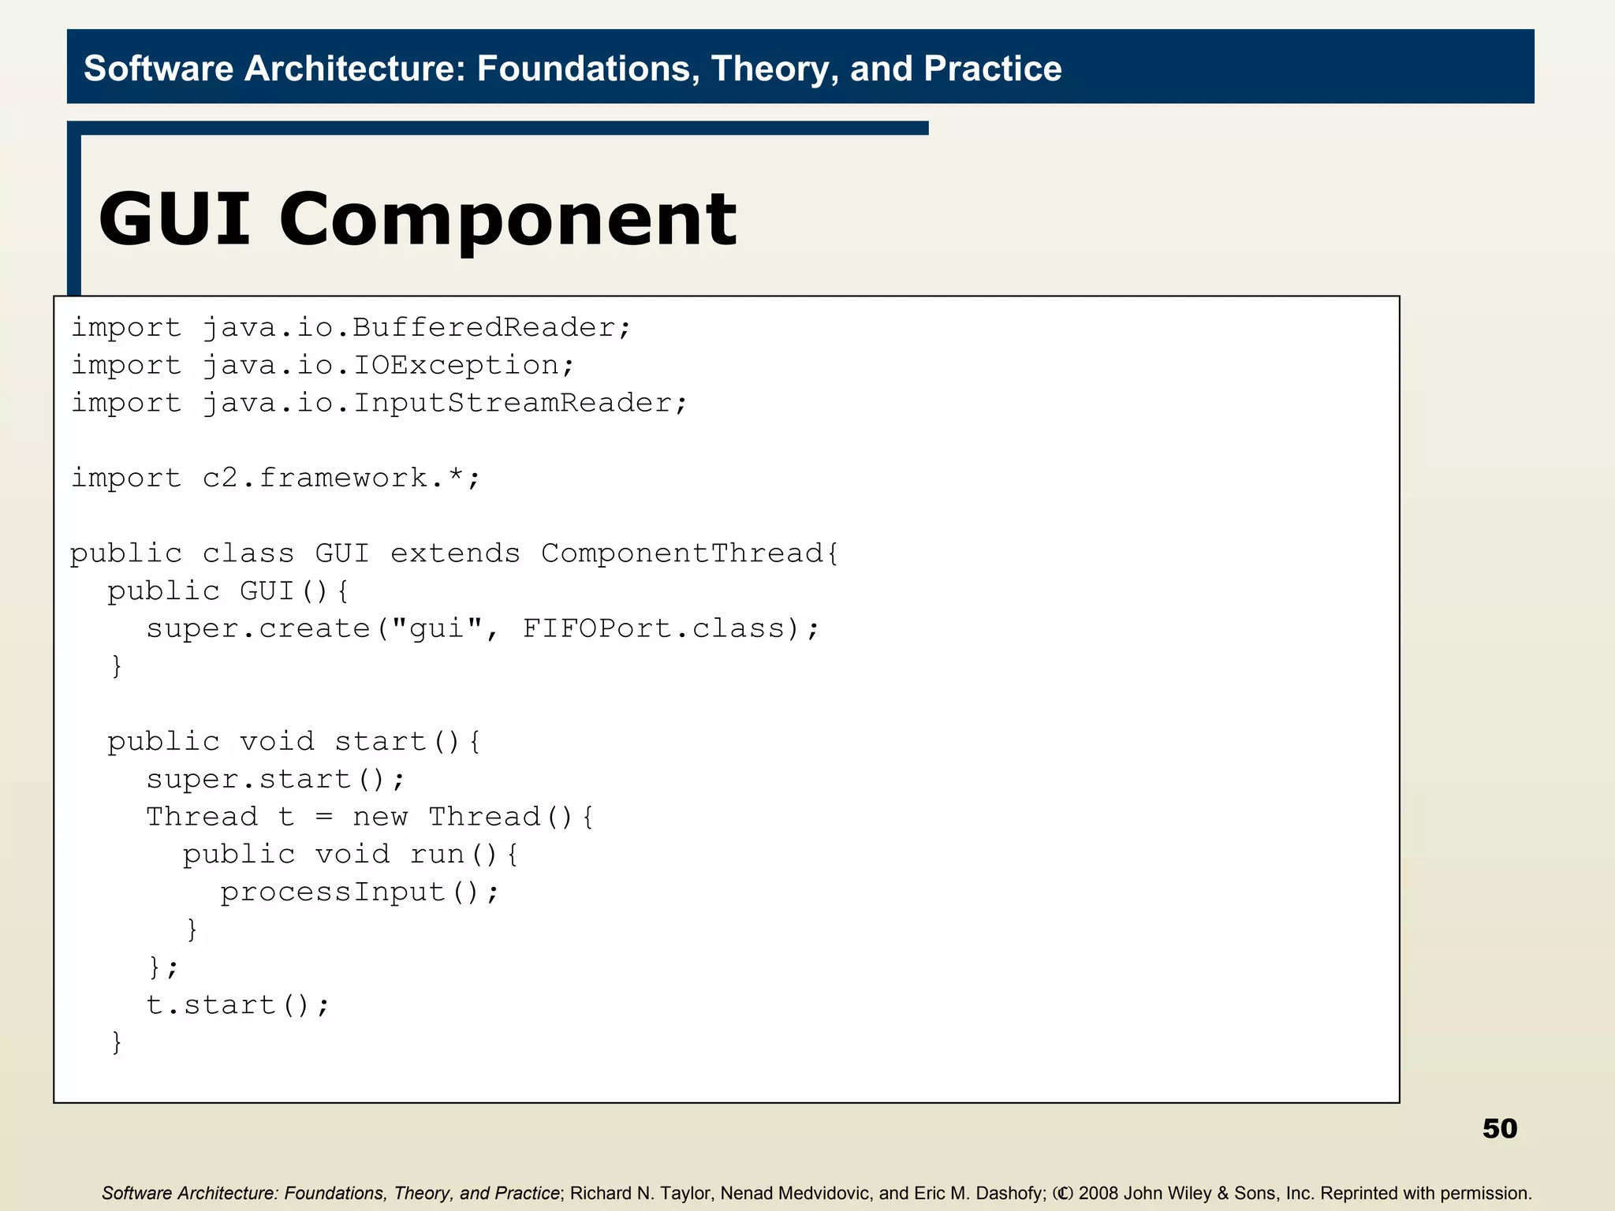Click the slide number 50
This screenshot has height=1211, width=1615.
tap(1499, 1128)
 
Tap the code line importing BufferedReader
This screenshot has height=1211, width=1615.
tap(351, 327)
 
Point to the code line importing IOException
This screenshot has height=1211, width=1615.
tap(323, 365)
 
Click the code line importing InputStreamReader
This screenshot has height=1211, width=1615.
tap(379, 403)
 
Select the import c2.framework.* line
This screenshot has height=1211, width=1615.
tap(275, 478)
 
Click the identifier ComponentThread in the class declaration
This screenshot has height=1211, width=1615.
tap(683, 553)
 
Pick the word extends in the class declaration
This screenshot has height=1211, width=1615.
tap(455, 553)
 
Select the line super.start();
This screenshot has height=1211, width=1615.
tap(275, 779)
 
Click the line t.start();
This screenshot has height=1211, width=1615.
tap(237, 1005)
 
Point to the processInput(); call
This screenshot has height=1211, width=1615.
tap(360, 892)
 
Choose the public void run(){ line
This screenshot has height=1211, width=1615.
tap(351, 855)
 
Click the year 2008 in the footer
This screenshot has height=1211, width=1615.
tap(1098, 1193)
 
